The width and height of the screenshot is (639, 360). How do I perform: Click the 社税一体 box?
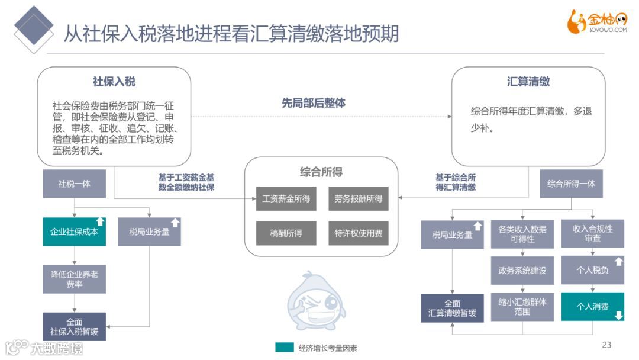[x=74, y=184]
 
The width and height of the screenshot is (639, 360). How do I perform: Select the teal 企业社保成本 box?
[x=74, y=232]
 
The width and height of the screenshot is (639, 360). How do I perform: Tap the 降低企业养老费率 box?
[x=74, y=279]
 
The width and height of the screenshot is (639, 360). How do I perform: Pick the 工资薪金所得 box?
[x=286, y=198]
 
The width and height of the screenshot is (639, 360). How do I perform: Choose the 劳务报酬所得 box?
[x=358, y=198]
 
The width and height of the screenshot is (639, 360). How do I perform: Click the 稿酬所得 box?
[x=286, y=233]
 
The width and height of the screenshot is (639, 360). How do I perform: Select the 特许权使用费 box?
[x=358, y=233]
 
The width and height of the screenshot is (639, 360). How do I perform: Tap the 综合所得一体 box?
[x=571, y=184]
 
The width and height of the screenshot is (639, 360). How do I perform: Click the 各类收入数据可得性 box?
[x=522, y=234]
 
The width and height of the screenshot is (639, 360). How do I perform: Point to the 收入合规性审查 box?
[x=592, y=233]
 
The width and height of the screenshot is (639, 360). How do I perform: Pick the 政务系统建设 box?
[x=522, y=271]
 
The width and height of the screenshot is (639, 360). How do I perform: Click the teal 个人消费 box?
[x=592, y=307]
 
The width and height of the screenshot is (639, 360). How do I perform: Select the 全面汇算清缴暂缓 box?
[x=452, y=308]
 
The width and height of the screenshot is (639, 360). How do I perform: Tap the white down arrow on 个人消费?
[x=618, y=316]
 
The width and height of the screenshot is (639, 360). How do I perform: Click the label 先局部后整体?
[x=314, y=103]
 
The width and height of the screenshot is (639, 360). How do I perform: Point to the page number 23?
[x=606, y=345]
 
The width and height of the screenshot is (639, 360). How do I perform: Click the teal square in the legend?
[x=284, y=348]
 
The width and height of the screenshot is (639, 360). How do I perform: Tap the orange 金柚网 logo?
[x=597, y=22]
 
